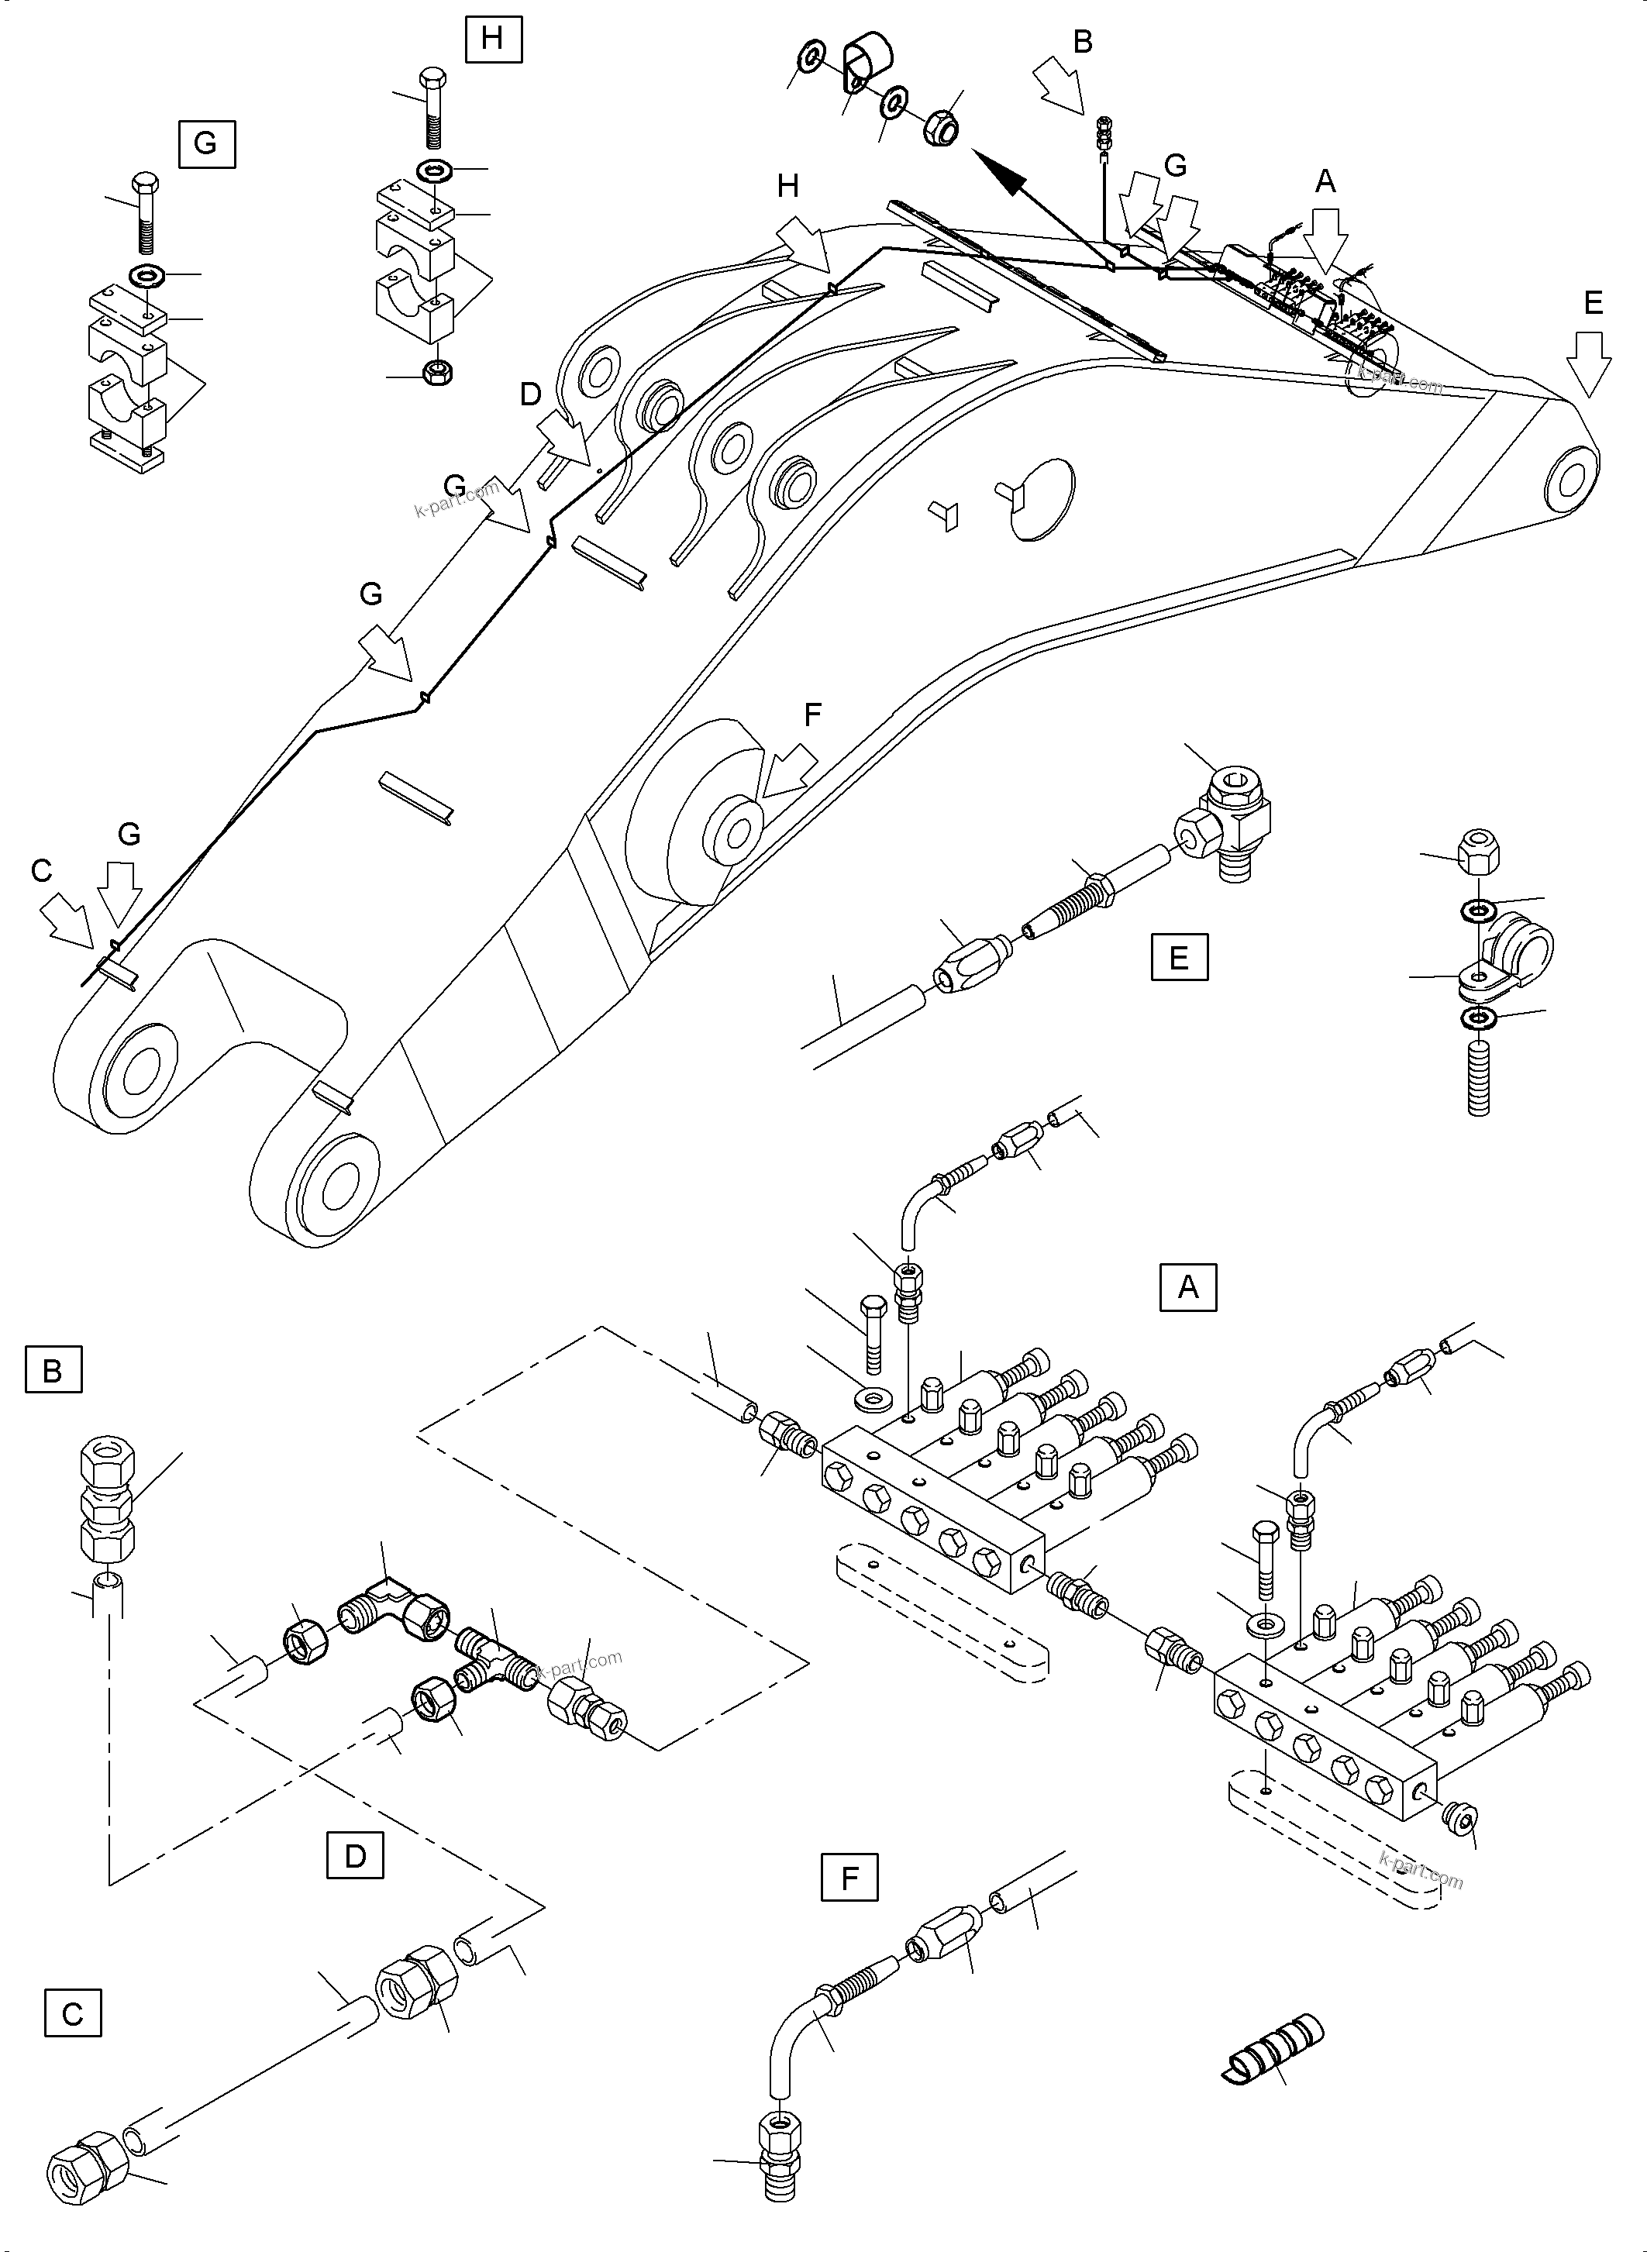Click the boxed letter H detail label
[x=492, y=38]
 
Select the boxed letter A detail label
[x=1187, y=1287]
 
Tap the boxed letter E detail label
[x=1178, y=958]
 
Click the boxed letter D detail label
[x=355, y=1856]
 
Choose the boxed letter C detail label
[x=73, y=2015]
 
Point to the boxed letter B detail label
[x=53, y=1371]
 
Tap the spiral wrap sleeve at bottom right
[x=1274, y=2054]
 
